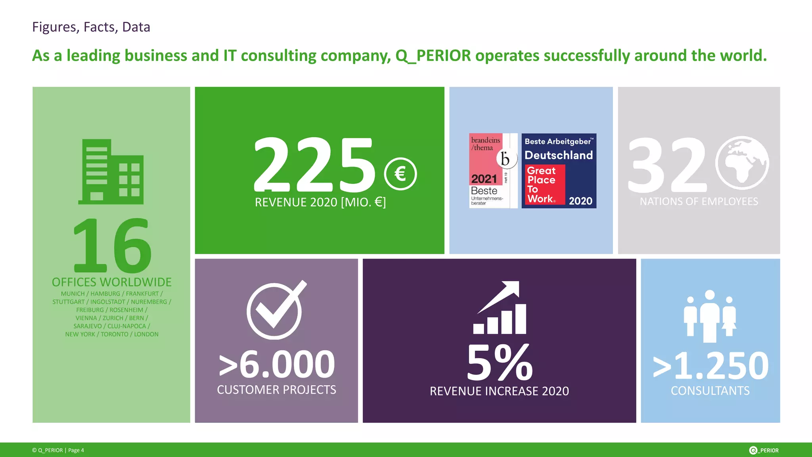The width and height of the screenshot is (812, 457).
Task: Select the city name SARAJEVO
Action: coord(88,326)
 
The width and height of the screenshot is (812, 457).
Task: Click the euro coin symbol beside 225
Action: coord(400,174)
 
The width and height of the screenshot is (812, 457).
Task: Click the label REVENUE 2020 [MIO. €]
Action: coord(320,202)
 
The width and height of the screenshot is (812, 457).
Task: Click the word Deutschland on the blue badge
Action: coord(559,155)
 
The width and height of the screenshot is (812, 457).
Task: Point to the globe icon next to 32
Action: coord(742,163)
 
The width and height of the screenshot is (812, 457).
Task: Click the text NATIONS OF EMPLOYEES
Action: coord(699,202)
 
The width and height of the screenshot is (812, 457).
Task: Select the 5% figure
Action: coord(500,363)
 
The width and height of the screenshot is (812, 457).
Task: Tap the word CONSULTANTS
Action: coord(710,391)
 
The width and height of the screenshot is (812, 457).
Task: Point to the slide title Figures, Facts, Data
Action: coord(91,27)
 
